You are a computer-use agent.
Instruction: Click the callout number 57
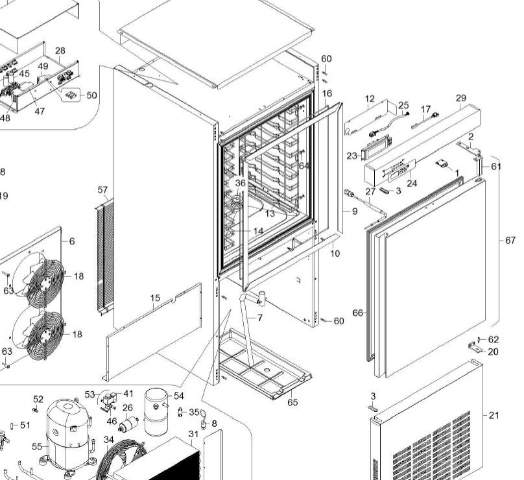click(x=102, y=190)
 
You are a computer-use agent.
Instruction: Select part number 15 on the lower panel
click(x=155, y=298)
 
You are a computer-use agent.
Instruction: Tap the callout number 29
click(x=461, y=98)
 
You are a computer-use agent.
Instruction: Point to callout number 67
click(x=511, y=241)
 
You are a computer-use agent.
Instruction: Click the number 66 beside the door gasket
click(x=357, y=313)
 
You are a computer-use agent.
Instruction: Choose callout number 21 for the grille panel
click(x=494, y=415)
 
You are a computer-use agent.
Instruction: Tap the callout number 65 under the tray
click(x=292, y=402)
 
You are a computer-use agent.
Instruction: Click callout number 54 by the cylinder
click(x=179, y=396)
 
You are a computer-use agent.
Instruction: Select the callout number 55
click(x=37, y=446)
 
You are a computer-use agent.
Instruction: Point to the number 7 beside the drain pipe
click(x=260, y=318)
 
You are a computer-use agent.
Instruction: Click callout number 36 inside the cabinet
click(x=241, y=184)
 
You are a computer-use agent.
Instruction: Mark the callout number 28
click(x=60, y=51)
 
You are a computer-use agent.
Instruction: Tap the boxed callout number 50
click(x=91, y=95)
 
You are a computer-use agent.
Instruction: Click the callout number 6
click(x=72, y=241)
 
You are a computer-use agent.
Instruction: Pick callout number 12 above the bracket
click(x=370, y=99)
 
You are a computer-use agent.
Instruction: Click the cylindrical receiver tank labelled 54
click(x=156, y=412)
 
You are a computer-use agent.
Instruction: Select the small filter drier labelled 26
click(x=128, y=425)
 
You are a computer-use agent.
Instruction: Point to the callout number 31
click(x=193, y=434)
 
